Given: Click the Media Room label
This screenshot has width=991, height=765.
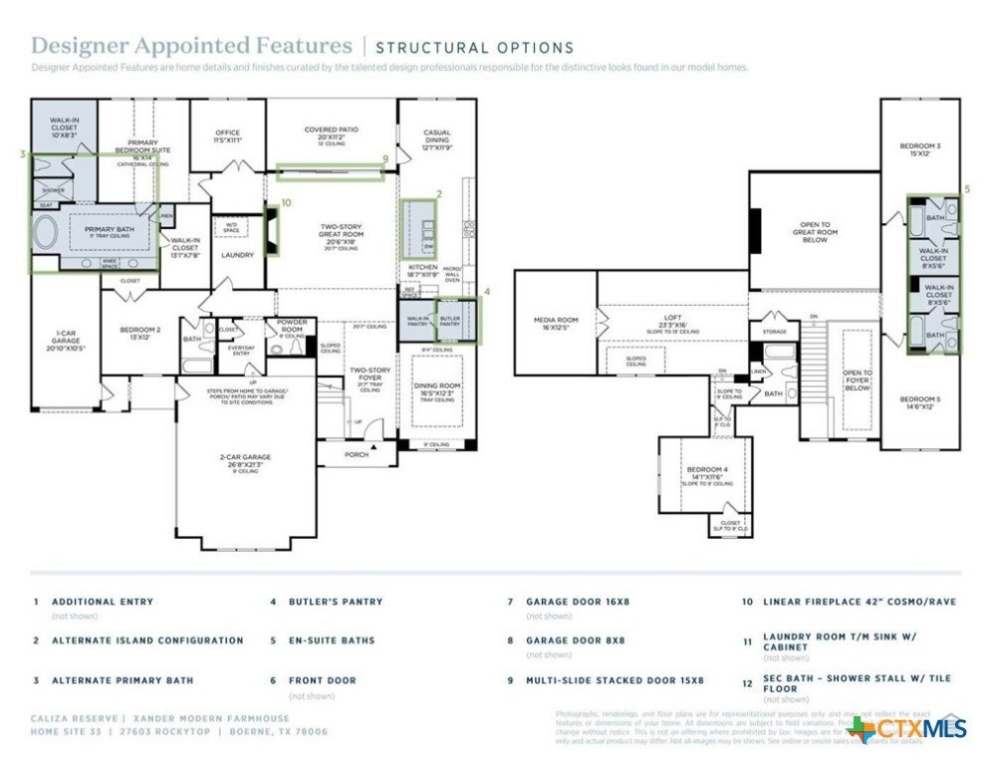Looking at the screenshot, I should [556, 323].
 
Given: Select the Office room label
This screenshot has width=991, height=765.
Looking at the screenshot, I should [228, 135].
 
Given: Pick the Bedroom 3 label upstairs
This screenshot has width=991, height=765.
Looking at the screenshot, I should [919, 149].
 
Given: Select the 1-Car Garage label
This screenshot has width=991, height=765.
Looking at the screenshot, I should [65, 339].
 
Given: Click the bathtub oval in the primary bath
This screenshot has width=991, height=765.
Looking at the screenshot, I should [46, 232].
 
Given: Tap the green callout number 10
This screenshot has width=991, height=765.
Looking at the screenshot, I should [286, 202].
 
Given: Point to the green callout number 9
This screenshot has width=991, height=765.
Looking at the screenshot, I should [384, 158].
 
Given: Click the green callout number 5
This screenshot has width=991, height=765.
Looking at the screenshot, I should [966, 188].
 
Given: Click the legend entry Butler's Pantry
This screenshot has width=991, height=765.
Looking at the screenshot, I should [336, 602].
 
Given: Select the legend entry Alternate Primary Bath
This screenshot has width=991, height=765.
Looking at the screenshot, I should [123, 680].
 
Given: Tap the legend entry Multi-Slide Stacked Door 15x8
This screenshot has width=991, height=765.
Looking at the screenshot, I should [615, 680].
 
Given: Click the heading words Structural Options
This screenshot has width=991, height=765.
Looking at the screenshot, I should [474, 47].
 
